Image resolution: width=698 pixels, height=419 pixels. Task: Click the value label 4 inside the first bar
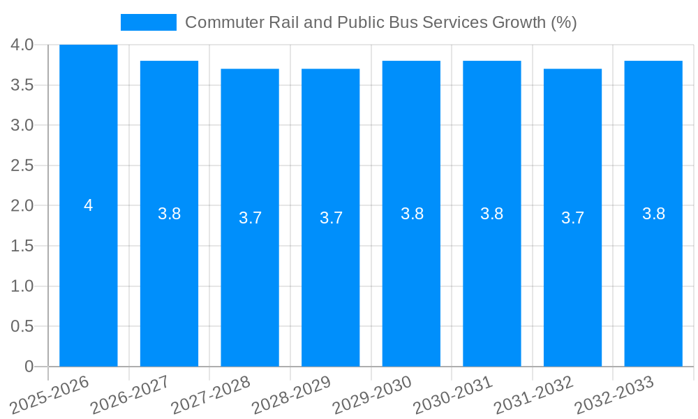(88, 205)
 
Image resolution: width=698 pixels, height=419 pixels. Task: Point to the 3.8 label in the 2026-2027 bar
(169, 214)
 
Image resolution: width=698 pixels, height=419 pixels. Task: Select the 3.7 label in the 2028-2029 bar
(331, 218)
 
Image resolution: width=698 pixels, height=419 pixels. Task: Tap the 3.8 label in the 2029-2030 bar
(412, 214)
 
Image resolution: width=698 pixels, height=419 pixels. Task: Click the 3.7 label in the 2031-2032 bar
(572, 218)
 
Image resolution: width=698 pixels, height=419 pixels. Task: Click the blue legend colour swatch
(149, 22)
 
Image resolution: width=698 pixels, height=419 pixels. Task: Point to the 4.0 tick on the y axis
(22, 45)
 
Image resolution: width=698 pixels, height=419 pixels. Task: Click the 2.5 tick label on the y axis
(22, 166)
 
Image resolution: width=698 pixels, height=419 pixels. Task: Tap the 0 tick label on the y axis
(29, 367)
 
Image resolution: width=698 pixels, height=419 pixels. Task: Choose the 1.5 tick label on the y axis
(22, 246)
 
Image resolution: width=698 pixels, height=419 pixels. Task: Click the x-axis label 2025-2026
(50, 394)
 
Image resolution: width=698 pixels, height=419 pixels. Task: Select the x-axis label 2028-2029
(292, 394)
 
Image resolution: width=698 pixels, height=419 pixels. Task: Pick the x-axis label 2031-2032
(534, 394)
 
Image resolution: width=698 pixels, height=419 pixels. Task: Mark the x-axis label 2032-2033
(614, 394)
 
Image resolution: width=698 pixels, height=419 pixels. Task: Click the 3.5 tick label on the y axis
(22, 85)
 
